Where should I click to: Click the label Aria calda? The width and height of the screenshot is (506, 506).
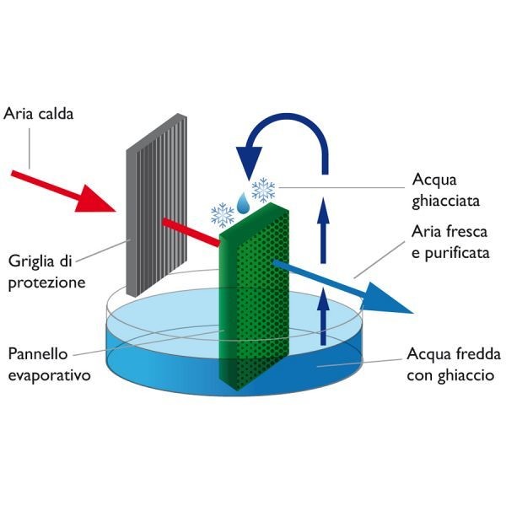[x=39, y=114]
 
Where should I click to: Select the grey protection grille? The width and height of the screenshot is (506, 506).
[x=157, y=205]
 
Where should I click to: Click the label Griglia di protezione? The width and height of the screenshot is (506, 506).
[x=46, y=272]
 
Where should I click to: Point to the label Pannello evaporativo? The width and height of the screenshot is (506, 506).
[x=49, y=364]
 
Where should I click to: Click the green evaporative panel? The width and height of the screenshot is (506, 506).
[x=254, y=297]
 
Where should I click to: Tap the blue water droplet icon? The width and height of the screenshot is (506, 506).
[x=243, y=203]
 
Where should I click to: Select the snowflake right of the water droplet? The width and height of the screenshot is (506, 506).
[x=263, y=190]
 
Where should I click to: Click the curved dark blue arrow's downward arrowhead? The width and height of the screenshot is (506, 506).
[x=249, y=162]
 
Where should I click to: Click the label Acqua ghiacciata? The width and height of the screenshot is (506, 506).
[x=445, y=191]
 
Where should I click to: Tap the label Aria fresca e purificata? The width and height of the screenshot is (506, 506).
[x=450, y=243]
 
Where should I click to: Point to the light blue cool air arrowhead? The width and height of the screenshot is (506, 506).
[x=385, y=299]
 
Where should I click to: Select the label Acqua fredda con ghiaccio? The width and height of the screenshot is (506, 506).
[x=454, y=364]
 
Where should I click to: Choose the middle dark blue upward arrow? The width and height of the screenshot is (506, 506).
[x=323, y=230]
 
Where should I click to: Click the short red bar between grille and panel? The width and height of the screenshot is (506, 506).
[x=191, y=233]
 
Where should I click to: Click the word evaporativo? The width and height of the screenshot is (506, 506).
[x=49, y=375]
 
